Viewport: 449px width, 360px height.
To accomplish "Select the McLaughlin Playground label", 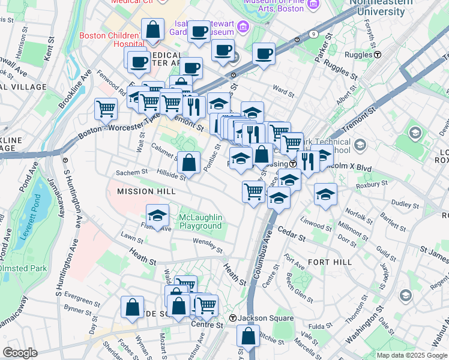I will click(x=200, y=221).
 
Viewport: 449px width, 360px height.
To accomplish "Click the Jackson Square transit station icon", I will click(x=232, y=318).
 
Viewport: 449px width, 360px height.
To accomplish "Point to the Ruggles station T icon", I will click(x=378, y=55).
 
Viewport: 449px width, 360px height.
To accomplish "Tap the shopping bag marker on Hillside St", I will click(x=189, y=162).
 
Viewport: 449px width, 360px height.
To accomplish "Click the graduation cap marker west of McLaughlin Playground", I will click(x=157, y=215).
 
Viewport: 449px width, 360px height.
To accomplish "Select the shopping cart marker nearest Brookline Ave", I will click(x=106, y=109).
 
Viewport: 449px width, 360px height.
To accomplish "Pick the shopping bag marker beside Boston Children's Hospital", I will click(x=153, y=29).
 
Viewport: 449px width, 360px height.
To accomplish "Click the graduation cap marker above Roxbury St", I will click(x=325, y=194).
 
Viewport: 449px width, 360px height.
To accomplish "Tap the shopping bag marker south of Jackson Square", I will click(x=247, y=335).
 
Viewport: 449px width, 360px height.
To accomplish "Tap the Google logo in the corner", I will click(x=20, y=353).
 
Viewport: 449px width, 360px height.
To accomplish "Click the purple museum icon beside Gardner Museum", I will click(x=243, y=26).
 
